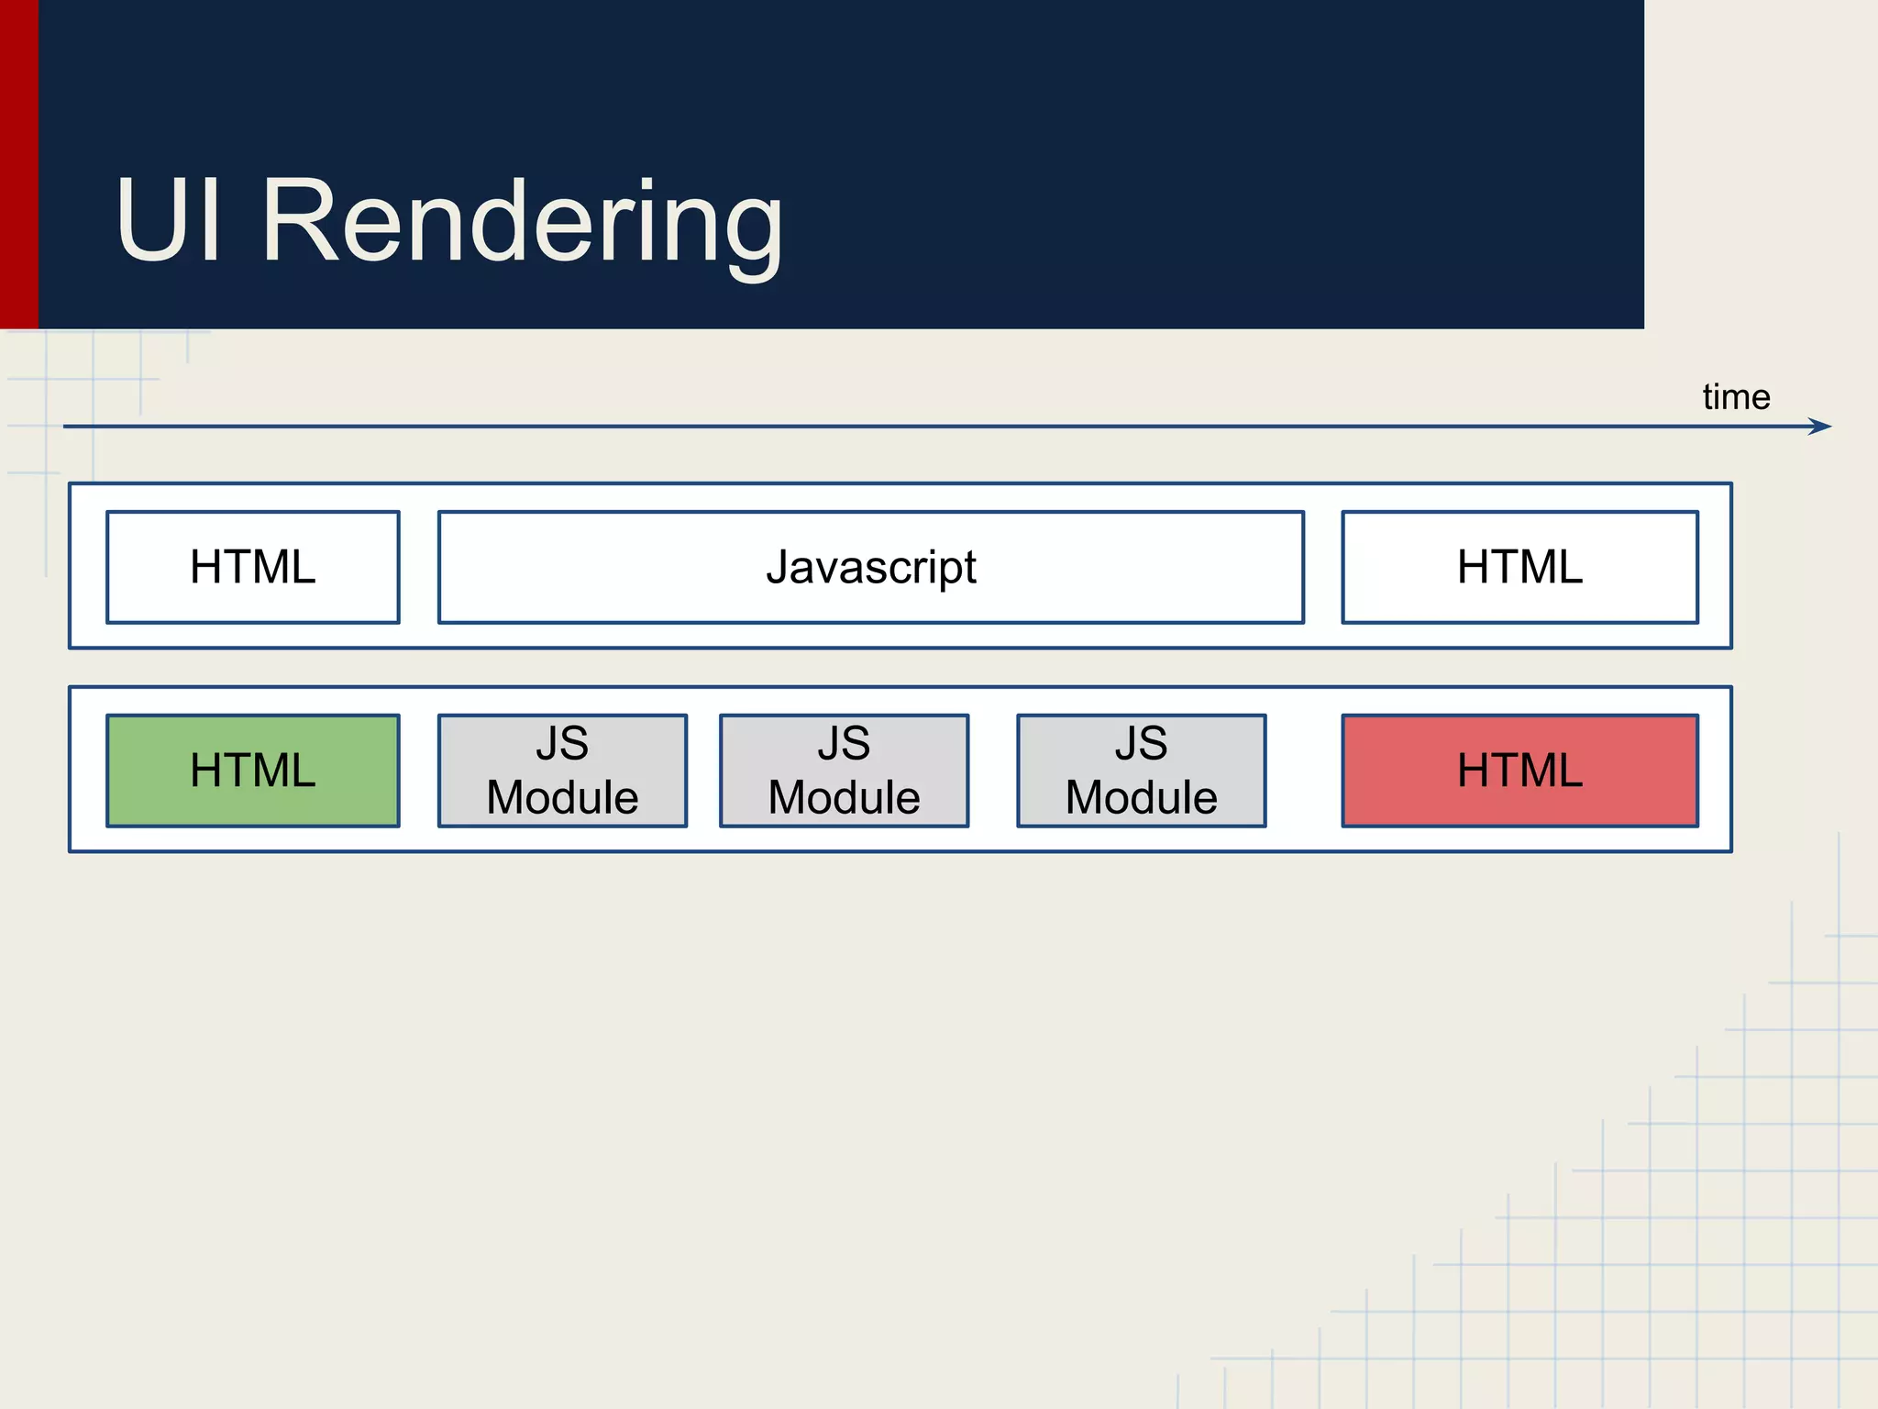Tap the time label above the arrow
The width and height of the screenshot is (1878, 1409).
[1736, 397]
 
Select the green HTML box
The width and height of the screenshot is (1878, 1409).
[253, 771]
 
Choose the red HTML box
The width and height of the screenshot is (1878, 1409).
[1519, 771]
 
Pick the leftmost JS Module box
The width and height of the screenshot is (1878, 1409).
[562, 771]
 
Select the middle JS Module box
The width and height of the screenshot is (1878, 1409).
[844, 771]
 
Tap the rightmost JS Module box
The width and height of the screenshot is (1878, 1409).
[1141, 771]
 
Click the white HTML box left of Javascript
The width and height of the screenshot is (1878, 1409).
[253, 567]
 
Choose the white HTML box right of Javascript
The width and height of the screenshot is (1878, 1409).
[1519, 567]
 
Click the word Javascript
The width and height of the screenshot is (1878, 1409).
[871, 568]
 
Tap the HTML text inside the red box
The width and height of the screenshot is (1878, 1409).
[1519, 771]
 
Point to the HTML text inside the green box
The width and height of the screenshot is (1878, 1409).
[253, 771]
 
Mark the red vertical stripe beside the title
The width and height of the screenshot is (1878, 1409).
[18, 165]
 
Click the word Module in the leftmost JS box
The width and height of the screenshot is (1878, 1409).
[562, 797]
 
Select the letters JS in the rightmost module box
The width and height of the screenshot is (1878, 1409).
[1141, 743]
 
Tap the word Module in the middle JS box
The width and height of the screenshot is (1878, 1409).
[844, 797]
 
